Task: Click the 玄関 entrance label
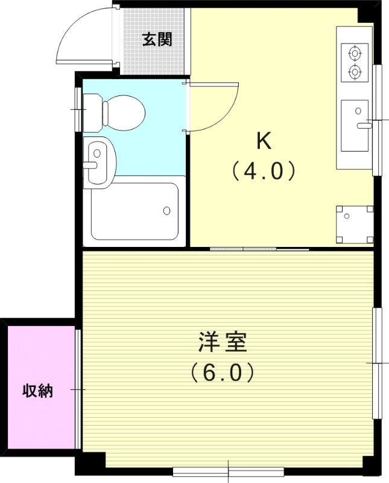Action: click(x=157, y=40)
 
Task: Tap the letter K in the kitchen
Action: click(x=264, y=141)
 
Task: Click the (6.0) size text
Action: click(x=221, y=373)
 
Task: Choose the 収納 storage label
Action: click(x=38, y=391)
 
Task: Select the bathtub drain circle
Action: click(x=166, y=210)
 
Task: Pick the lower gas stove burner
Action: click(x=354, y=72)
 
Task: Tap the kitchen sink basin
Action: click(x=355, y=126)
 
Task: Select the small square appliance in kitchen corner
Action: click(x=353, y=223)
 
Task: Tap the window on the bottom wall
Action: click(x=228, y=470)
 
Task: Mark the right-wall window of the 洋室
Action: click(x=377, y=363)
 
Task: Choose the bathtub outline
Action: click(x=134, y=211)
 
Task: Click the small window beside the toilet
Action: click(x=78, y=109)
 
